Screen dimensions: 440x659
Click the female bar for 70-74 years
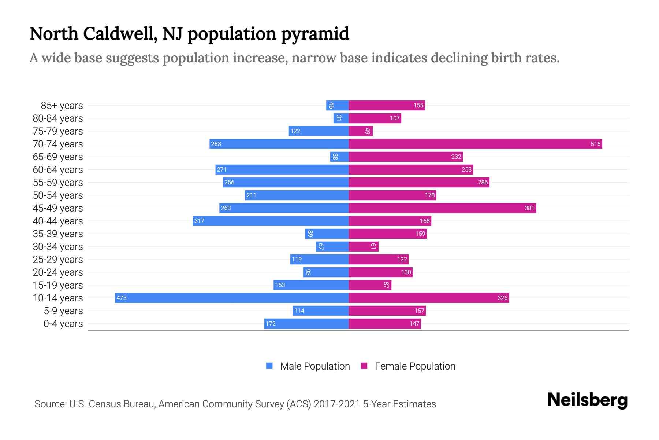click(475, 144)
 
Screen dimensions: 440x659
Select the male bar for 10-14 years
click(231, 298)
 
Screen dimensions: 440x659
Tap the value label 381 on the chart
click(529, 208)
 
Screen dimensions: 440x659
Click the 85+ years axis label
click(62, 106)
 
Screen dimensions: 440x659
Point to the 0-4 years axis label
click(63, 324)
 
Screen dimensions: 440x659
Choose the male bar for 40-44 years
click(271, 221)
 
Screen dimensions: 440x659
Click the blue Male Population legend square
click(269, 366)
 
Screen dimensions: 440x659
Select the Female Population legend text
click(415, 366)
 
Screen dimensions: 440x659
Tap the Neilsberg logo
click(587, 400)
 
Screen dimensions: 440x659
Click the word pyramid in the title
click(315, 34)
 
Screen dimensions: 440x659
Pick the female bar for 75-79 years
click(361, 131)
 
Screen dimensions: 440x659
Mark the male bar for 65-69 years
click(339, 157)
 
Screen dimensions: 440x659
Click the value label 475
click(121, 298)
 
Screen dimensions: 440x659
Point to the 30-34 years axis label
click(58, 247)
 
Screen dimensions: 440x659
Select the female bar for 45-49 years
click(442, 208)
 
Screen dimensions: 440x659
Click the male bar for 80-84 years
click(341, 118)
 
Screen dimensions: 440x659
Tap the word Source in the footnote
click(50, 404)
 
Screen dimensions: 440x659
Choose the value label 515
click(595, 144)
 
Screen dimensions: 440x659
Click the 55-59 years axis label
click(58, 183)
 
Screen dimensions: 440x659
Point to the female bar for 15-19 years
click(370, 285)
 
